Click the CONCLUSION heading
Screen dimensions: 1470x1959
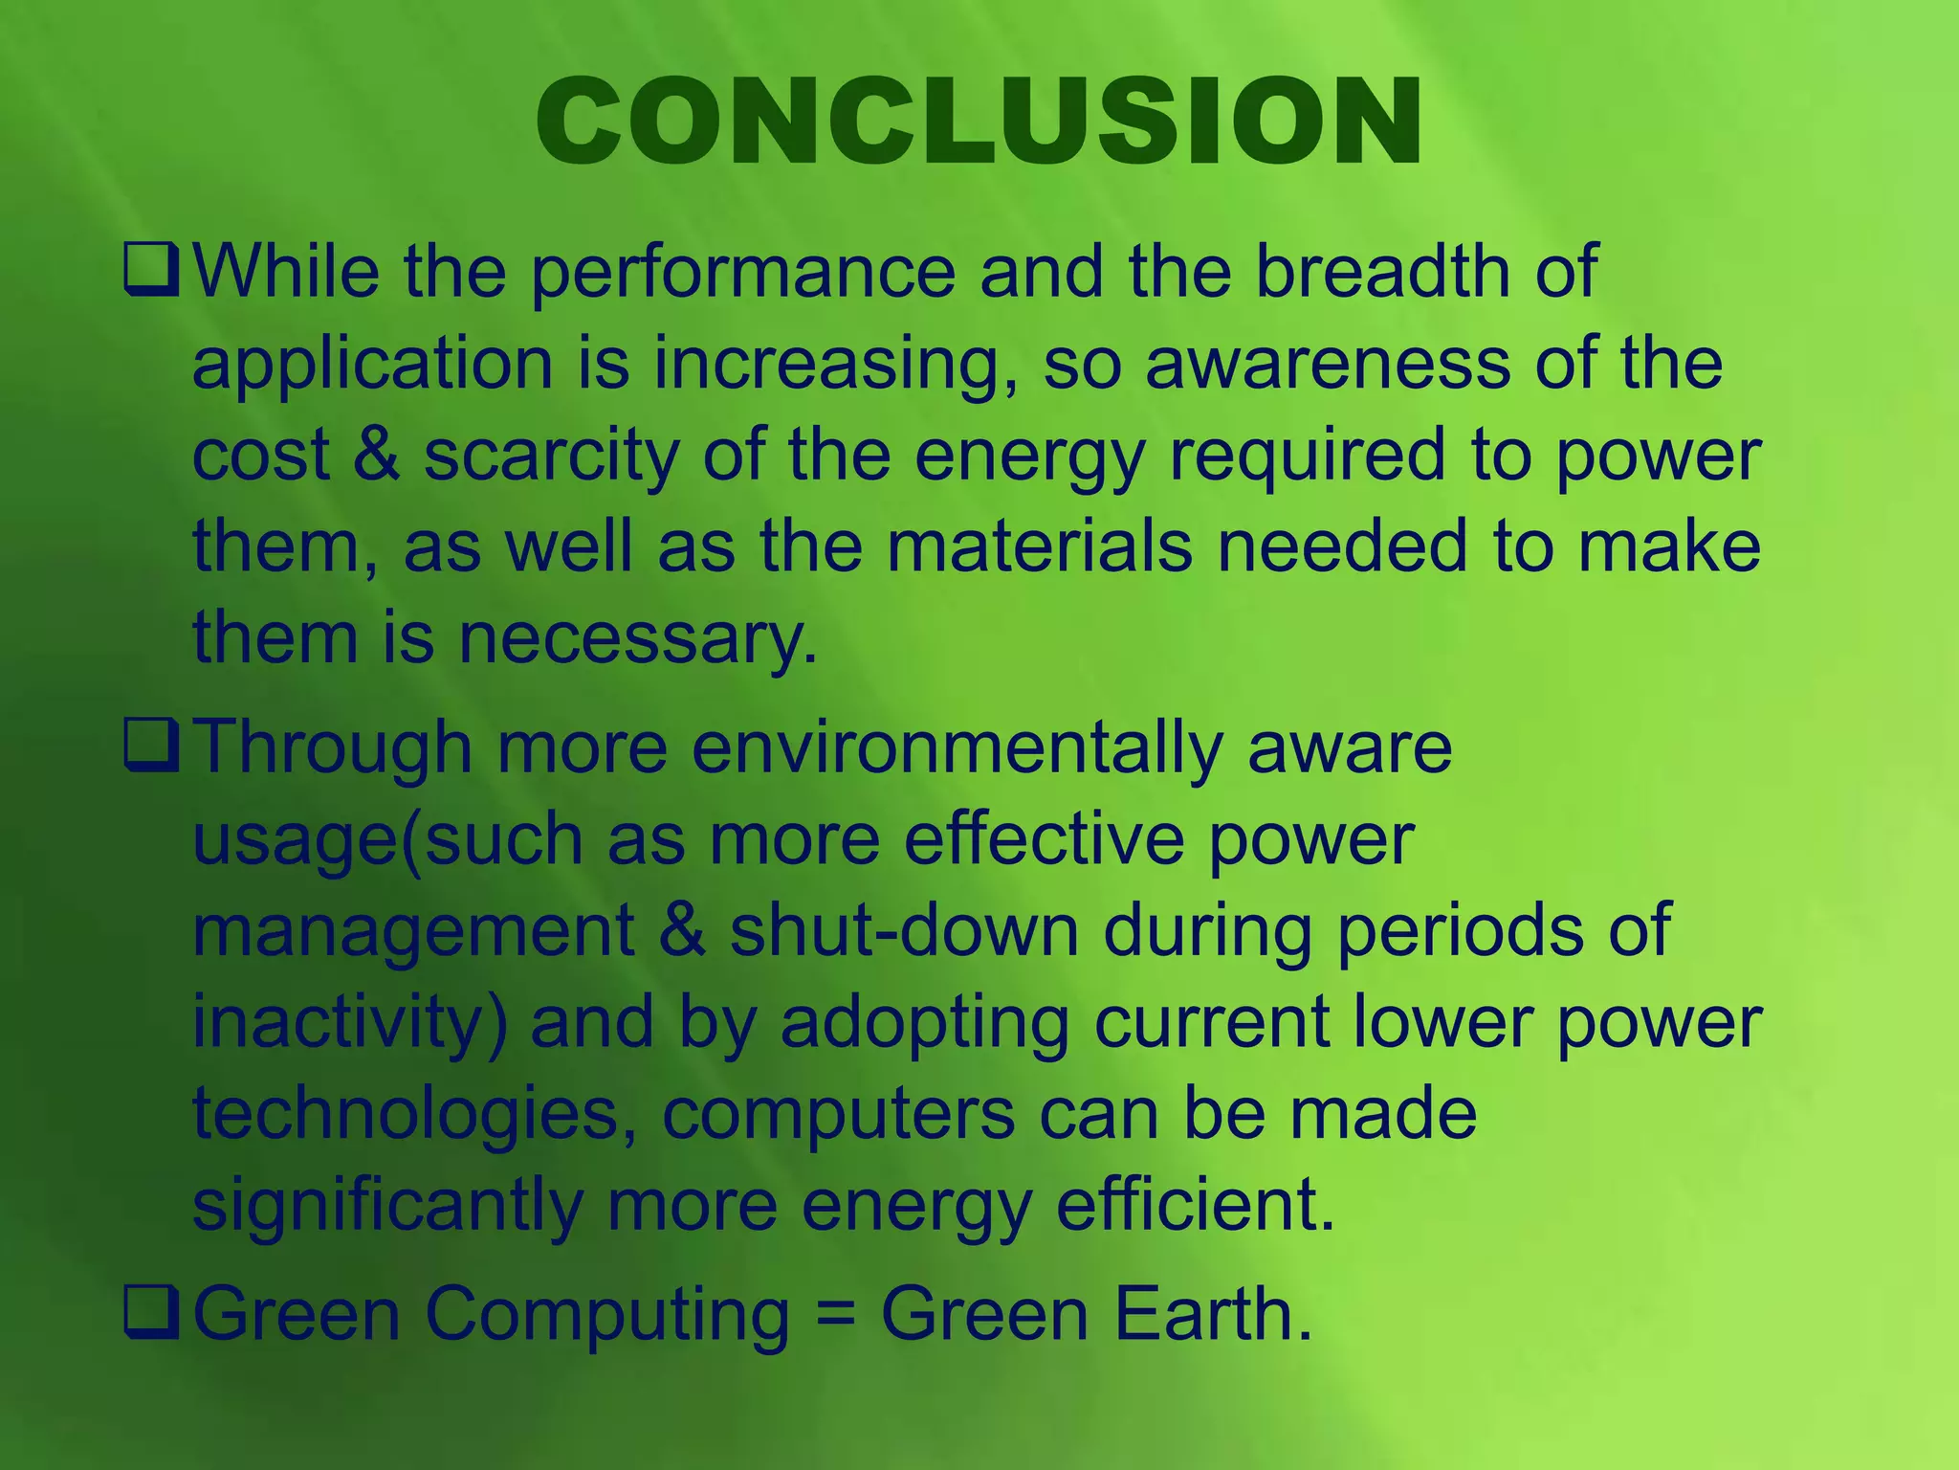(x=979, y=122)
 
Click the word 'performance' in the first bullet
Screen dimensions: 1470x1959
(x=742, y=273)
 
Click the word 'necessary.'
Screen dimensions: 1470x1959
(x=638, y=638)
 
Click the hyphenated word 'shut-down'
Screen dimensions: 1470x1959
(x=904, y=930)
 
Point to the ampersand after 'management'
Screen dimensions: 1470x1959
(x=682, y=930)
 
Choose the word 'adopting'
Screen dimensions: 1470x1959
(x=925, y=1023)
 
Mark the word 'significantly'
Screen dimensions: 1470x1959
(x=387, y=1206)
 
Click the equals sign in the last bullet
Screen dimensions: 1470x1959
(x=835, y=1315)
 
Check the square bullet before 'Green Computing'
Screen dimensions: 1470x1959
(x=150, y=1315)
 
